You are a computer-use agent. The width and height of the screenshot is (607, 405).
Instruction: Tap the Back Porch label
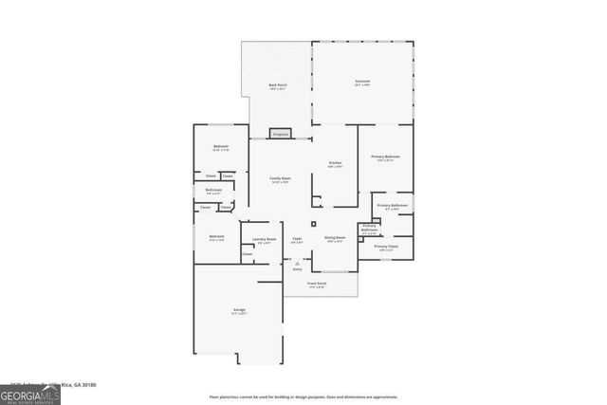tap(277, 86)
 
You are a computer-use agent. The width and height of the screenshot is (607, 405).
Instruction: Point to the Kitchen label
tap(335, 164)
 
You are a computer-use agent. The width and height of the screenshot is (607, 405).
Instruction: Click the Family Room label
tap(279, 179)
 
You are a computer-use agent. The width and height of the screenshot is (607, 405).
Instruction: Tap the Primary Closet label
tap(385, 247)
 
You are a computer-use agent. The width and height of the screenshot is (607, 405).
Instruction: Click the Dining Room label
tap(335, 238)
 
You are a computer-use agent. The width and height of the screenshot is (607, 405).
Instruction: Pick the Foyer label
tap(297, 239)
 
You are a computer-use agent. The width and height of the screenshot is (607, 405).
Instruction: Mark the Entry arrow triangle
tap(297, 263)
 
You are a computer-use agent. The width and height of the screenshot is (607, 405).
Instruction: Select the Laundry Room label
tap(265, 239)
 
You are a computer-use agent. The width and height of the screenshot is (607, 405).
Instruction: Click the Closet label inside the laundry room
tap(247, 253)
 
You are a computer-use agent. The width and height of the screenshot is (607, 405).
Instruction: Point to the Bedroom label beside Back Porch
tap(220, 146)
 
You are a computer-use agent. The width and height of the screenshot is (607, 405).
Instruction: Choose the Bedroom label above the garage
tap(216, 236)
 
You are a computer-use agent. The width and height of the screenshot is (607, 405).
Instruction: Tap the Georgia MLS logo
tap(30, 392)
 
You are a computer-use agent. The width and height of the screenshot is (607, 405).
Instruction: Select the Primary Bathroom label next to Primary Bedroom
tap(392, 207)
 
